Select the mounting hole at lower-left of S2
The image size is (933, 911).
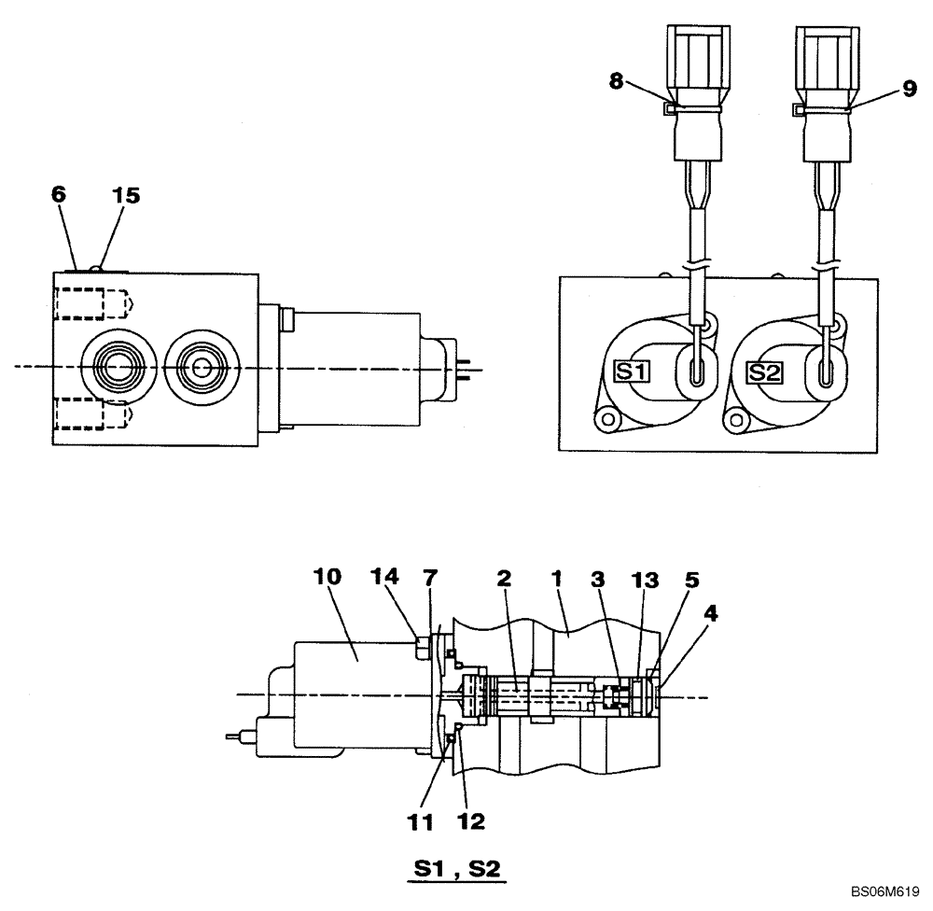[743, 420]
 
